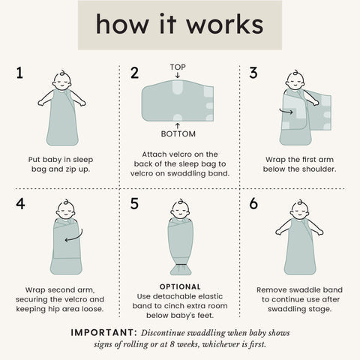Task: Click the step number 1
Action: click(19, 73)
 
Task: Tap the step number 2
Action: click(134, 73)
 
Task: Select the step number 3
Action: click(253, 73)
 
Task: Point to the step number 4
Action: click(20, 203)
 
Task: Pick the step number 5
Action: click(134, 203)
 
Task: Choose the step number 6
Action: click(253, 203)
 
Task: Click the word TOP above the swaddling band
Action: click(178, 67)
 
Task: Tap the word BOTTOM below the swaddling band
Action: click(178, 134)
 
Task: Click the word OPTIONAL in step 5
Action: click(180, 286)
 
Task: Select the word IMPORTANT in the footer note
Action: click(103, 333)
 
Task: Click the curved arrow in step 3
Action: click(286, 112)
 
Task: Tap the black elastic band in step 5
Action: click(180, 264)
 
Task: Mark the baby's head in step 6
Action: click(299, 210)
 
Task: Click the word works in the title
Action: click(225, 24)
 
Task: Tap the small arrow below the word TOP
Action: click(178, 75)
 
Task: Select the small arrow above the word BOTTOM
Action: click(178, 126)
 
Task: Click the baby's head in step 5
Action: click(180, 209)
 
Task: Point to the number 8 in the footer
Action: click(172, 344)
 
